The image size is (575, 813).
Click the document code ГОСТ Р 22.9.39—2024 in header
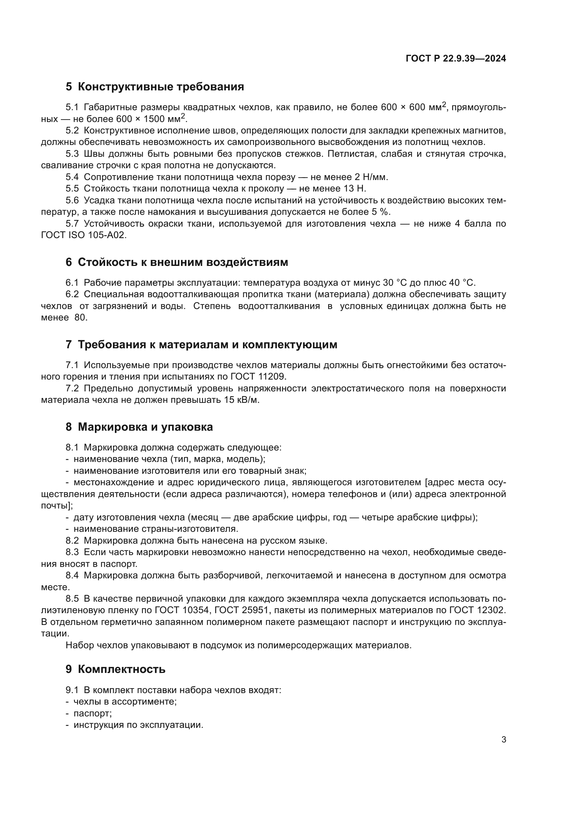click(x=456, y=59)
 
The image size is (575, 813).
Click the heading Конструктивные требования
click(x=161, y=87)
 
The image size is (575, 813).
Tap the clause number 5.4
click(x=72, y=177)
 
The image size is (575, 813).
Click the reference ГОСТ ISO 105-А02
click(x=83, y=235)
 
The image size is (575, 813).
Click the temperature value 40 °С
click(x=459, y=283)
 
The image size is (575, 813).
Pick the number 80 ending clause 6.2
click(x=80, y=318)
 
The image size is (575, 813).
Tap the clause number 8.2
click(x=72, y=541)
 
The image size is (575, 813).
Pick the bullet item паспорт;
click(x=92, y=714)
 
